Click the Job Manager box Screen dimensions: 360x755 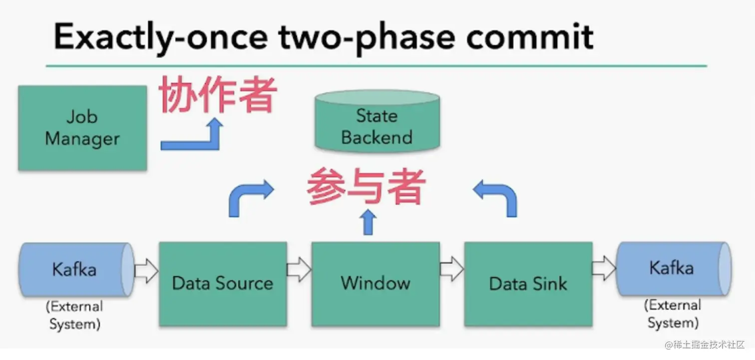[x=82, y=128]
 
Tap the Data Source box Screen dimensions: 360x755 [x=223, y=284]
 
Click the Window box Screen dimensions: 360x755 [x=376, y=284]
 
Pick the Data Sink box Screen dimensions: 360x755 [x=528, y=284]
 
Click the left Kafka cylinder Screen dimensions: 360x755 [x=75, y=270]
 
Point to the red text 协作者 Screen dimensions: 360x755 [x=218, y=96]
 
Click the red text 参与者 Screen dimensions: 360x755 [x=366, y=187]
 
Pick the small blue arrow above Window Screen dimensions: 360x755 [x=368, y=222]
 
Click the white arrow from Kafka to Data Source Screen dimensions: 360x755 [x=146, y=271]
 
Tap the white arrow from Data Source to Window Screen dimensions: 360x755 [x=299, y=270]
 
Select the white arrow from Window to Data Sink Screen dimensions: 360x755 [x=452, y=270]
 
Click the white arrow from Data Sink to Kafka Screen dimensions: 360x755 [x=604, y=269]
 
